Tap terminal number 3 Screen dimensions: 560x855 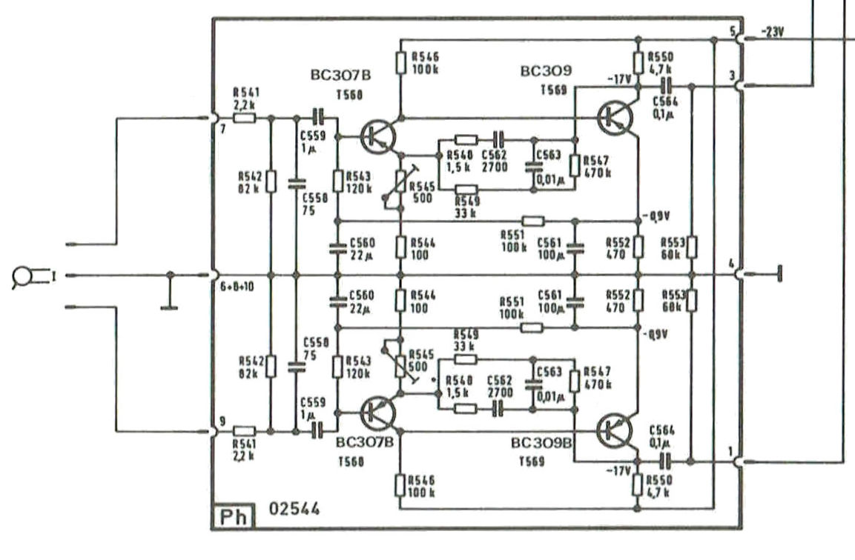tap(733, 76)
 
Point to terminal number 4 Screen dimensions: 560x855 tap(732, 264)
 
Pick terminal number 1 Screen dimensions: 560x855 tap(733, 450)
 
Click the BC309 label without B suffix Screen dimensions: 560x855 tap(546, 72)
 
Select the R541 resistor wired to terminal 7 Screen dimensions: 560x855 tap(245, 117)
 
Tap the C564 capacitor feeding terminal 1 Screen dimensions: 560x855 tap(665, 461)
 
